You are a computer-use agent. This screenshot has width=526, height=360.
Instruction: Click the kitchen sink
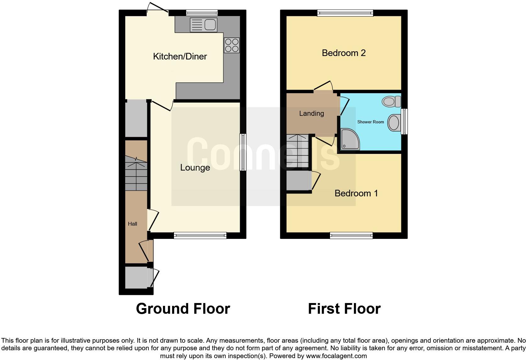point(204,25)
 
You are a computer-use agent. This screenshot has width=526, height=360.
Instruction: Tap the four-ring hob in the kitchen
point(232,45)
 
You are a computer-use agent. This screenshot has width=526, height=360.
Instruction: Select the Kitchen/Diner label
point(180,57)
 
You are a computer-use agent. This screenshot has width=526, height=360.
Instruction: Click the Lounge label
point(195,168)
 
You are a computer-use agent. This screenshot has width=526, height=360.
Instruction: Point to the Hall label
point(132,224)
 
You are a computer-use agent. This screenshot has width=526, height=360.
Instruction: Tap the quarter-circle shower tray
point(350,139)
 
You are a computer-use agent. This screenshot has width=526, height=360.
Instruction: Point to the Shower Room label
point(371,122)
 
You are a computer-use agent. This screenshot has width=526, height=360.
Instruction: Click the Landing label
point(311,114)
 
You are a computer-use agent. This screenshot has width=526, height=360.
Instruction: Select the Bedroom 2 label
point(344,53)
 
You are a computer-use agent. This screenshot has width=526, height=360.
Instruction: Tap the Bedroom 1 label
point(356,193)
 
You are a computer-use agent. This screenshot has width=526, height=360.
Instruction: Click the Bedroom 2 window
point(345,13)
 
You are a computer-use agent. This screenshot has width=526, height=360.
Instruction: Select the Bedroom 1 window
point(351,235)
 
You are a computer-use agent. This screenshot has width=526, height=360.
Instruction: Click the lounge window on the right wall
point(243,152)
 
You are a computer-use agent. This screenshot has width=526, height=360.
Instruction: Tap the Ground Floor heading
point(183,309)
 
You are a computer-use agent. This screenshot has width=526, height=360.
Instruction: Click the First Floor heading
point(344,309)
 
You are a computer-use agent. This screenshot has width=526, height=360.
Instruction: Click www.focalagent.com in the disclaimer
point(336,356)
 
